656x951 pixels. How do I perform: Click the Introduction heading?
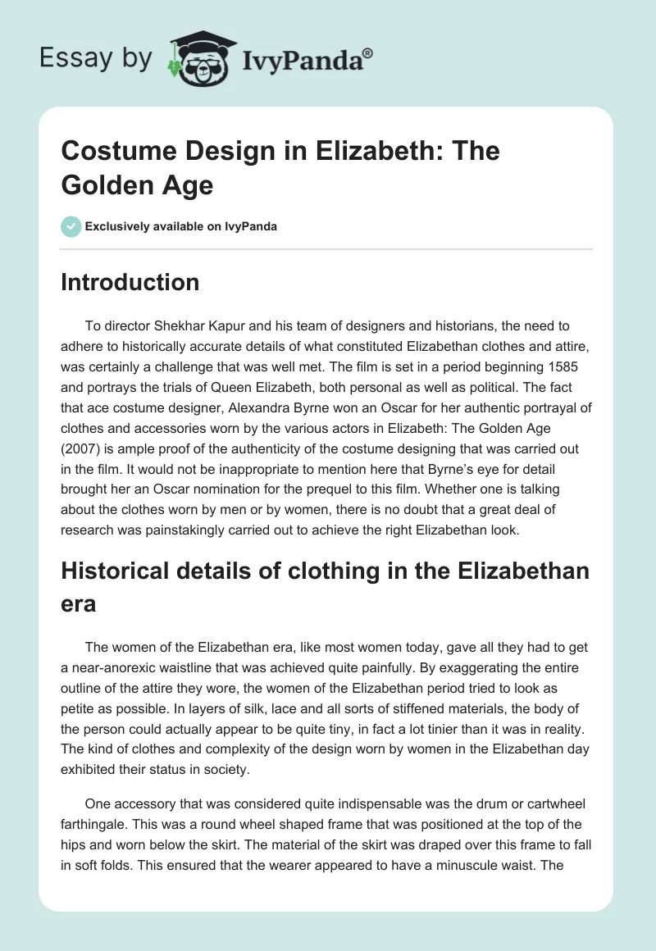(x=130, y=282)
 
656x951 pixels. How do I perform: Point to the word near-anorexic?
(x=121, y=667)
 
